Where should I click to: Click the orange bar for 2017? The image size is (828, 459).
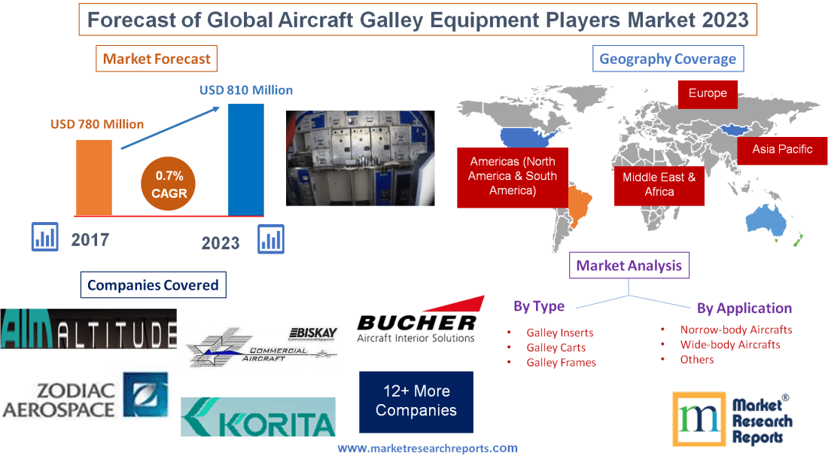(x=93, y=177)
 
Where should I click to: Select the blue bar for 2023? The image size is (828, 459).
(x=245, y=159)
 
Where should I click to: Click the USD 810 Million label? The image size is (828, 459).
(x=245, y=90)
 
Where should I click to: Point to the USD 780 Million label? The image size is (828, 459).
(x=97, y=124)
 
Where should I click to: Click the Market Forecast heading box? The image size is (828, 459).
(x=157, y=59)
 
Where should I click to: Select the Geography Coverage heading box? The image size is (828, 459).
(x=667, y=59)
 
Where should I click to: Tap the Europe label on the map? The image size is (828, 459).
(x=707, y=93)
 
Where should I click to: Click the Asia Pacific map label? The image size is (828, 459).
(x=782, y=149)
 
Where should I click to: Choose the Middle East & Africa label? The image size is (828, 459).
(x=659, y=184)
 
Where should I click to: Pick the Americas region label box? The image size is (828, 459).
(x=513, y=177)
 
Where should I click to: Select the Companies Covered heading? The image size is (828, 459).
(x=153, y=285)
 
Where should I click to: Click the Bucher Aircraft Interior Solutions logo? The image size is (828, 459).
(x=416, y=324)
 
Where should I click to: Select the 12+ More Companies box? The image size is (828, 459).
(x=416, y=401)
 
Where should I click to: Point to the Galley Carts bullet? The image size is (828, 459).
(x=556, y=348)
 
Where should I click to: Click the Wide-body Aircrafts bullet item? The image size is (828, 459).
(x=729, y=345)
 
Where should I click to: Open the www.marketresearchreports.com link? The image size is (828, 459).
(x=427, y=448)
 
